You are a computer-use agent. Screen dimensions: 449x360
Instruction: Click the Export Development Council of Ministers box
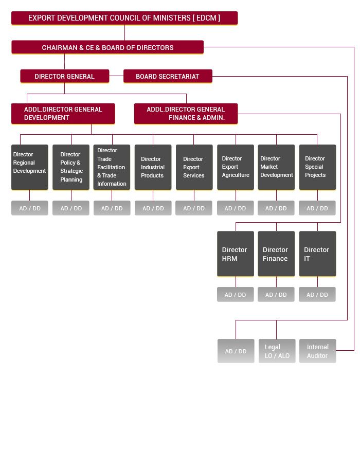click(x=124, y=18)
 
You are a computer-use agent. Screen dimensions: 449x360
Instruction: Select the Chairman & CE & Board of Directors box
click(x=107, y=47)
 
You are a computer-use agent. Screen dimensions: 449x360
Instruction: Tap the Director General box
click(x=65, y=76)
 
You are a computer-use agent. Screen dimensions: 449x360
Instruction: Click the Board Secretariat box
click(x=168, y=76)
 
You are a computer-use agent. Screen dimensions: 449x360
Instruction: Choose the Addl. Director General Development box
click(x=63, y=114)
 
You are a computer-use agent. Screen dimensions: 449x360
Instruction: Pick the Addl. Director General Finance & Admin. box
click(x=186, y=114)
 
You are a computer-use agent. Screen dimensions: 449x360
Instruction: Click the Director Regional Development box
click(x=30, y=167)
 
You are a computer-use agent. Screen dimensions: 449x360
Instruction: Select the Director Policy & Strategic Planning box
click(x=71, y=167)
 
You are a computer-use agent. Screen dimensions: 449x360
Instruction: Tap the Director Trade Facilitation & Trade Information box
click(x=112, y=167)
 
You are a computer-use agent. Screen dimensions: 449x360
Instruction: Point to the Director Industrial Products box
click(x=153, y=167)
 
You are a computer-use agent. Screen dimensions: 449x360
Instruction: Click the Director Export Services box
click(x=194, y=167)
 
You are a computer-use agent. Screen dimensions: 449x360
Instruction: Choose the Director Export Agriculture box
click(x=236, y=167)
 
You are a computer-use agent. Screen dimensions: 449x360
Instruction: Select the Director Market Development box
click(x=276, y=167)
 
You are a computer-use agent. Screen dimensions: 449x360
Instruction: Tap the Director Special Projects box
click(x=317, y=167)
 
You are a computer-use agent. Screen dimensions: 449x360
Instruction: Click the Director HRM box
click(x=236, y=254)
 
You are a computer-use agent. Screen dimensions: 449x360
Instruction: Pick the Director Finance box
click(x=276, y=254)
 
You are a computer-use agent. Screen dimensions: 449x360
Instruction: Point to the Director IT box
click(x=317, y=254)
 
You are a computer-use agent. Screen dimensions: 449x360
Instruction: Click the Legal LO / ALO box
click(x=277, y=351)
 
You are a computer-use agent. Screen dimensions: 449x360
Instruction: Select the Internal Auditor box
click(x=317, y=351)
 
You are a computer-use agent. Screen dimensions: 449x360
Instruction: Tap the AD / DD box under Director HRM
click(x=236, y=295)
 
